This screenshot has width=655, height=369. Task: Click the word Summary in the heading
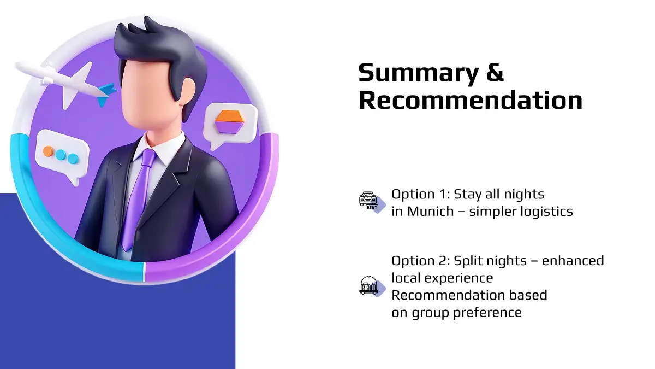pos(419,73)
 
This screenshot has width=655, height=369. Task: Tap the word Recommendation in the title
pos(471,99)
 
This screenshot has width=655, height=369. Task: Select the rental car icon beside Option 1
pos(369,202)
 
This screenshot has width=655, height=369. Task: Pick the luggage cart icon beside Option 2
pos(369,285)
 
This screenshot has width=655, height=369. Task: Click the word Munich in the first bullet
pos(431,211)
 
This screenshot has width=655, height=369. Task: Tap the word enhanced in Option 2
pos(573,260)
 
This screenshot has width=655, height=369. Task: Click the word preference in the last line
pos(487,313)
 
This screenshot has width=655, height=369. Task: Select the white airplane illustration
pos(64,84)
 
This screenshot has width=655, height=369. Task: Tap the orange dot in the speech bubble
pos(48,151)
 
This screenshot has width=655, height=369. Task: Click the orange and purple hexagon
pos(229,122)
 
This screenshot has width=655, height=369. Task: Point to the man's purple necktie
pos(138,199)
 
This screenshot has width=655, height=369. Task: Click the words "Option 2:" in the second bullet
pos(420,261)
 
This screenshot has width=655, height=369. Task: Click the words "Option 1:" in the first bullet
pos(420,195)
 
